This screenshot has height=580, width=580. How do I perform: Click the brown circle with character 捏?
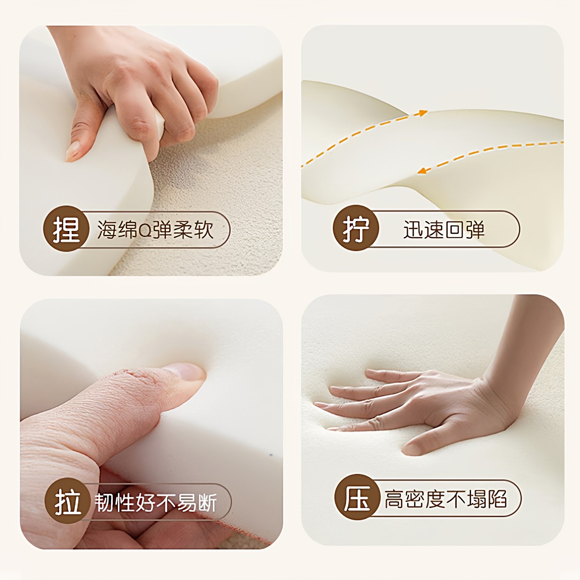click(66, 229)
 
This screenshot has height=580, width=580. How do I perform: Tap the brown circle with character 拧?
click(356, 229)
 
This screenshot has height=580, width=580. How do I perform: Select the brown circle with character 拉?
click(67, 501)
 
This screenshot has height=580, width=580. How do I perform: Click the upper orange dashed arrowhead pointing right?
click(423, 113)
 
